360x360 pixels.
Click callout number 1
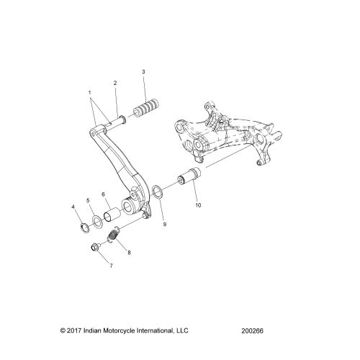coord(90,92)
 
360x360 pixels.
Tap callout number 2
coord(115,83)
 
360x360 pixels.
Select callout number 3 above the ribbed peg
coord(143,72)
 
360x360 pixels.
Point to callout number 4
coord(73,207)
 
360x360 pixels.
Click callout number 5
coord(88,200)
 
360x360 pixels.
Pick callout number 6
coord(104,194)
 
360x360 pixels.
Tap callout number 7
coord(111,266)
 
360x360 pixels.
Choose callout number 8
coord(129,253)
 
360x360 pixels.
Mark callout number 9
coord(165,225)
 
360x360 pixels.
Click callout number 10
coord(198,205)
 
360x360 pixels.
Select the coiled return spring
coord(113,235)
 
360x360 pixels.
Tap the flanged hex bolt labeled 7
coord(95,246)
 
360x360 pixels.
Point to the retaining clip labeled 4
coord(84,228)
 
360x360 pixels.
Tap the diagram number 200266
coord(252,331)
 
